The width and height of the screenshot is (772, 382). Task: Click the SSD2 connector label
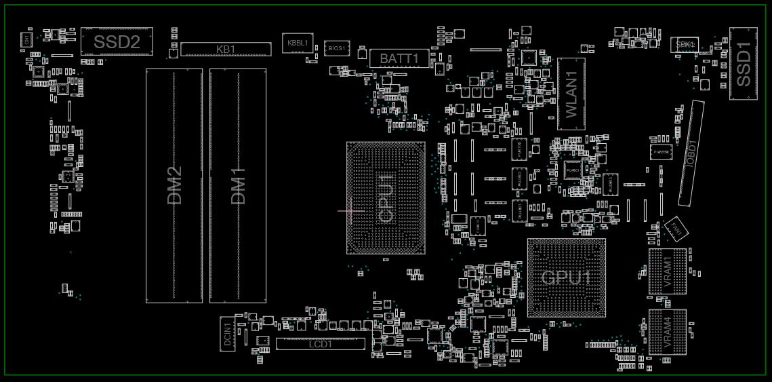pyautogui.click(x=117, y=42)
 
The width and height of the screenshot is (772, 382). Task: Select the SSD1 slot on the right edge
pyautogui.click(x=743, y=64)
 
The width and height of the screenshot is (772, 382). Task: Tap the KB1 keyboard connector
pyautogui.click(x=226, y=49)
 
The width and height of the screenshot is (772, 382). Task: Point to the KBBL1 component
pyautogui.click(x=298, y=43)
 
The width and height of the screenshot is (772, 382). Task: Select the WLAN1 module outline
pyautogui.click(x=571, y=94)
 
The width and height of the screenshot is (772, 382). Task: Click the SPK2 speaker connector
pyautogui.click(x=685, y=43)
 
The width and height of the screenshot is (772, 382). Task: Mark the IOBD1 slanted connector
pyautogui.click(x=691, y=153)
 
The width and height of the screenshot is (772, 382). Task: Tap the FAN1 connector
pyautogui.click(x=676, y=227)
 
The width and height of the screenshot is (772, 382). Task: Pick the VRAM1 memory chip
pyautogui.click(x=667, y=271)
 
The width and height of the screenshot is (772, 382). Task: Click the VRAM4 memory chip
pyautogui.click(x=667, y=332)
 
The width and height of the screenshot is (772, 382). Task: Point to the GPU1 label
pyautogui.click(x=566, y=278)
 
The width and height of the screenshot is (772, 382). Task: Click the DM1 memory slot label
pyautogui.click(x=238, y=186)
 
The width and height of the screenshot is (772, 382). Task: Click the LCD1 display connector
pyautogui.click(x=320, y=344)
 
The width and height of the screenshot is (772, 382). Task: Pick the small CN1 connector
pyautogui.click(x=26, y=40)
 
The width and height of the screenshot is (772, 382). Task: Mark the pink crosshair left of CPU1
pyautogui.click(x=350, y=211)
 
